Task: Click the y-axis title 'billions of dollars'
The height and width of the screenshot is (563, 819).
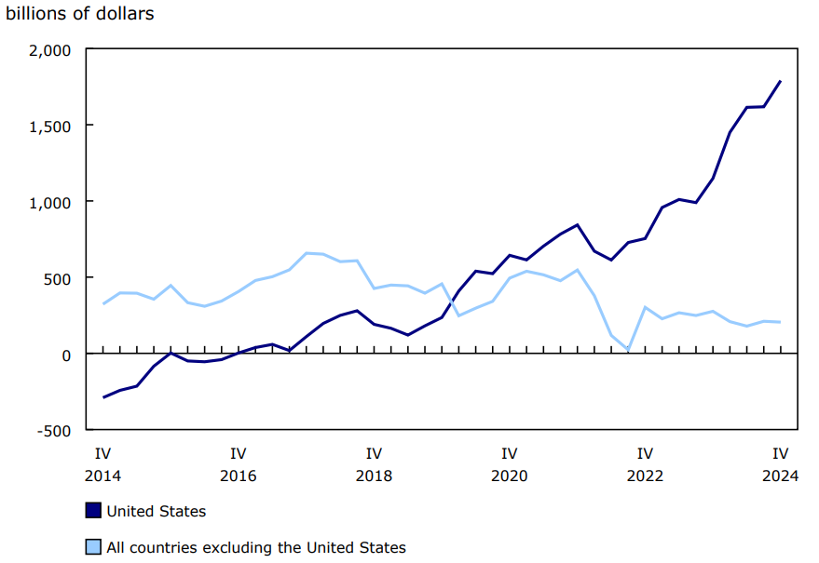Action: pos(80,14)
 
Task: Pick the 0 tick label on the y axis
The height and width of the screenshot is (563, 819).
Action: pos(67,355)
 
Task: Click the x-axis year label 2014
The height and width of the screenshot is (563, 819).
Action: pos(102,476)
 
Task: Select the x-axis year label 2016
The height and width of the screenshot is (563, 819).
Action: pos(239,476)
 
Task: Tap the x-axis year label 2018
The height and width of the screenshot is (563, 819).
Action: pos(374,476)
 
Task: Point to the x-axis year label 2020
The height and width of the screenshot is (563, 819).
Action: pos(510,476)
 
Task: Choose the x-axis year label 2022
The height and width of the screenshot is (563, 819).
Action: pos(645,476)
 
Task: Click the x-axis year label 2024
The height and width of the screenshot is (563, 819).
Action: pos(780,476)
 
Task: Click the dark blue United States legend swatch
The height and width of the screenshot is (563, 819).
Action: pos(93,511)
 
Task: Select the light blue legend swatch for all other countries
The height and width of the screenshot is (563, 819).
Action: pos(93,547)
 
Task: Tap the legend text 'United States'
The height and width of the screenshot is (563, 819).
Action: pos(157,511)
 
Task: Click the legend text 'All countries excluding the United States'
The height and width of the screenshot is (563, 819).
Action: pos(256,547)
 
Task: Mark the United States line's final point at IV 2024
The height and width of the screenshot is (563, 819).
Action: pos(780,82)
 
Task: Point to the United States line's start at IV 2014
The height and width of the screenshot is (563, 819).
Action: pos(103,397)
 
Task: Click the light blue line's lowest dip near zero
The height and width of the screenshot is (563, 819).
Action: pos(628,350)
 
